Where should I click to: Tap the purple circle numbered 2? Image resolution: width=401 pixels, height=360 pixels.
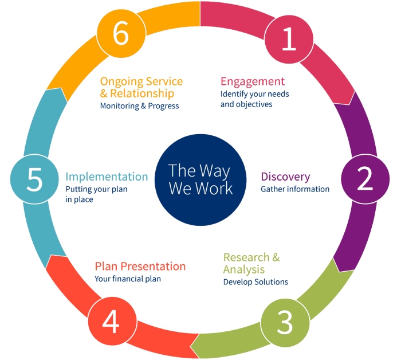(365, 180)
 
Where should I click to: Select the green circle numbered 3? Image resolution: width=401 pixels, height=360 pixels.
(285, 322)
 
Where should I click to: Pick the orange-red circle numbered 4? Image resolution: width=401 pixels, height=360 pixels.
(111, 322)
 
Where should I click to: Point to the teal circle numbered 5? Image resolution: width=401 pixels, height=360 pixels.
(34, 180)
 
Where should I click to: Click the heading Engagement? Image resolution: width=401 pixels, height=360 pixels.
(252, 81)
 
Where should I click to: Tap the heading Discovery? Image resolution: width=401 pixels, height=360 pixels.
(285, 177)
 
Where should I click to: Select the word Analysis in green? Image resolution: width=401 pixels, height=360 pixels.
(244, 269)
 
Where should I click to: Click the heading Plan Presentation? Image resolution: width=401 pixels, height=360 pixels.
(140, 267)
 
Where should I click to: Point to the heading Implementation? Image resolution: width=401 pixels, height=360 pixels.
(107, 177)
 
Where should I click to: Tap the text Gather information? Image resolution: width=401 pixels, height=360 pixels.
(295, 189)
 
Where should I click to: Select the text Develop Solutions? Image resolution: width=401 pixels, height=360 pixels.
(255, 282)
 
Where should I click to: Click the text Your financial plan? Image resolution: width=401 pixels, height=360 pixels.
(128, 279)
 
